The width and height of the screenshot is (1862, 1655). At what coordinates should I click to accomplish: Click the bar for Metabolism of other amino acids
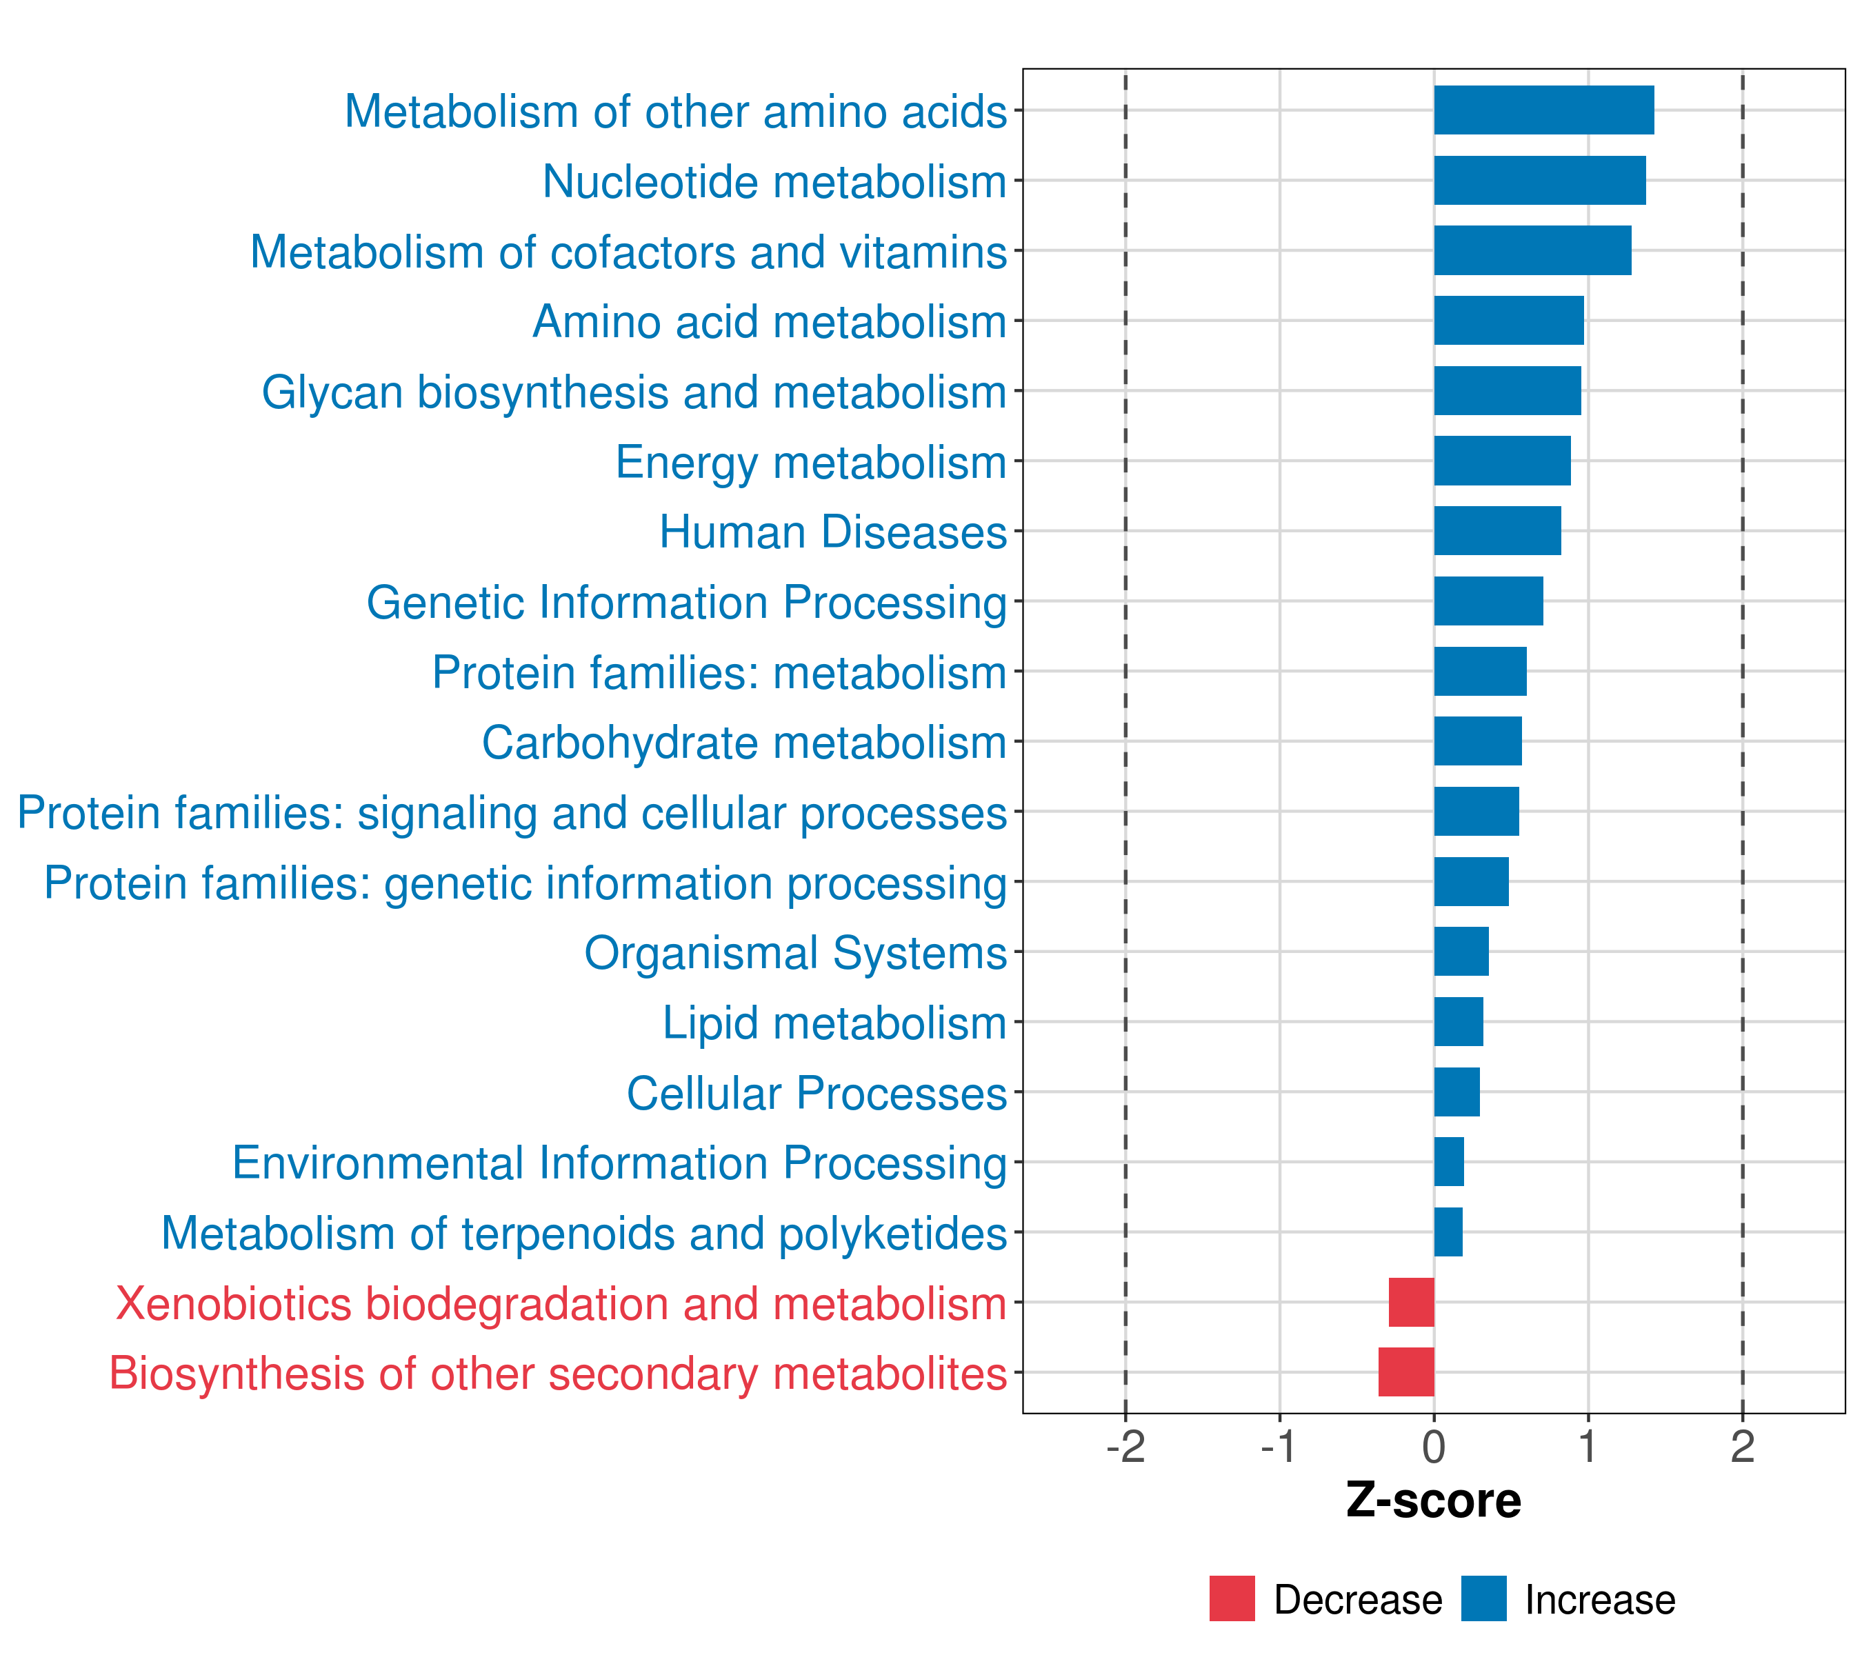(x=1543, y=110)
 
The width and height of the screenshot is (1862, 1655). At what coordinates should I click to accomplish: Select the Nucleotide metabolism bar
(x=1539, y=181)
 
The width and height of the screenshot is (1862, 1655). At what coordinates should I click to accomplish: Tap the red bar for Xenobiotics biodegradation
(x=1411, y=1302)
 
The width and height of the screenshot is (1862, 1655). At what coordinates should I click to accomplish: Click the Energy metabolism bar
(x=1502, y=461)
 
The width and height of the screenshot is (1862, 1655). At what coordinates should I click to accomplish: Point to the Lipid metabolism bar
(x=1459, y=1022)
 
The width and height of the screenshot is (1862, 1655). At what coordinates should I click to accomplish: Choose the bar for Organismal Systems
(x=1461, y=952)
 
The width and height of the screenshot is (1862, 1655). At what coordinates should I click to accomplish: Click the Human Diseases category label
(x=832, y=532)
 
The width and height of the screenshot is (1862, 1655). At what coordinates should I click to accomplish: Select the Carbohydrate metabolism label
(x=743, y=742)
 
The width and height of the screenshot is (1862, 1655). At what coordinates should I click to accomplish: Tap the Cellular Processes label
(x=817, y=1093)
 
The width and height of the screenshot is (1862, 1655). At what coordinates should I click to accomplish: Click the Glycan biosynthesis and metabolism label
(x=634, y=392)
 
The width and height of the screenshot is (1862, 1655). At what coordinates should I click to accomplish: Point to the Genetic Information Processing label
(x=686, y=603)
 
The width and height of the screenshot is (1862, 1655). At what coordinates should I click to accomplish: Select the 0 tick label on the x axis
(x=1434, y=1447)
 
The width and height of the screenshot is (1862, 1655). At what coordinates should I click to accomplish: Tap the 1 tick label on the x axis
(x=1588, y=1447)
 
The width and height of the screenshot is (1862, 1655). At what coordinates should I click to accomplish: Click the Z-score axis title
(x=1433, y=1501)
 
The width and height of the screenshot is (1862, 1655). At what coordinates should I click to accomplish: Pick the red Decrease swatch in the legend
(x=1232, y=1598)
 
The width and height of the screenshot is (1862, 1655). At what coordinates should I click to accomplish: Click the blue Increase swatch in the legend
(x=1483, y=1598)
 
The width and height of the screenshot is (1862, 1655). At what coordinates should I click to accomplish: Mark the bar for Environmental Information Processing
(x=1448, y=1162)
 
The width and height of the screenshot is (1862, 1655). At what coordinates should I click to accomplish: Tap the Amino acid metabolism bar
(x=1508, y=321)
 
